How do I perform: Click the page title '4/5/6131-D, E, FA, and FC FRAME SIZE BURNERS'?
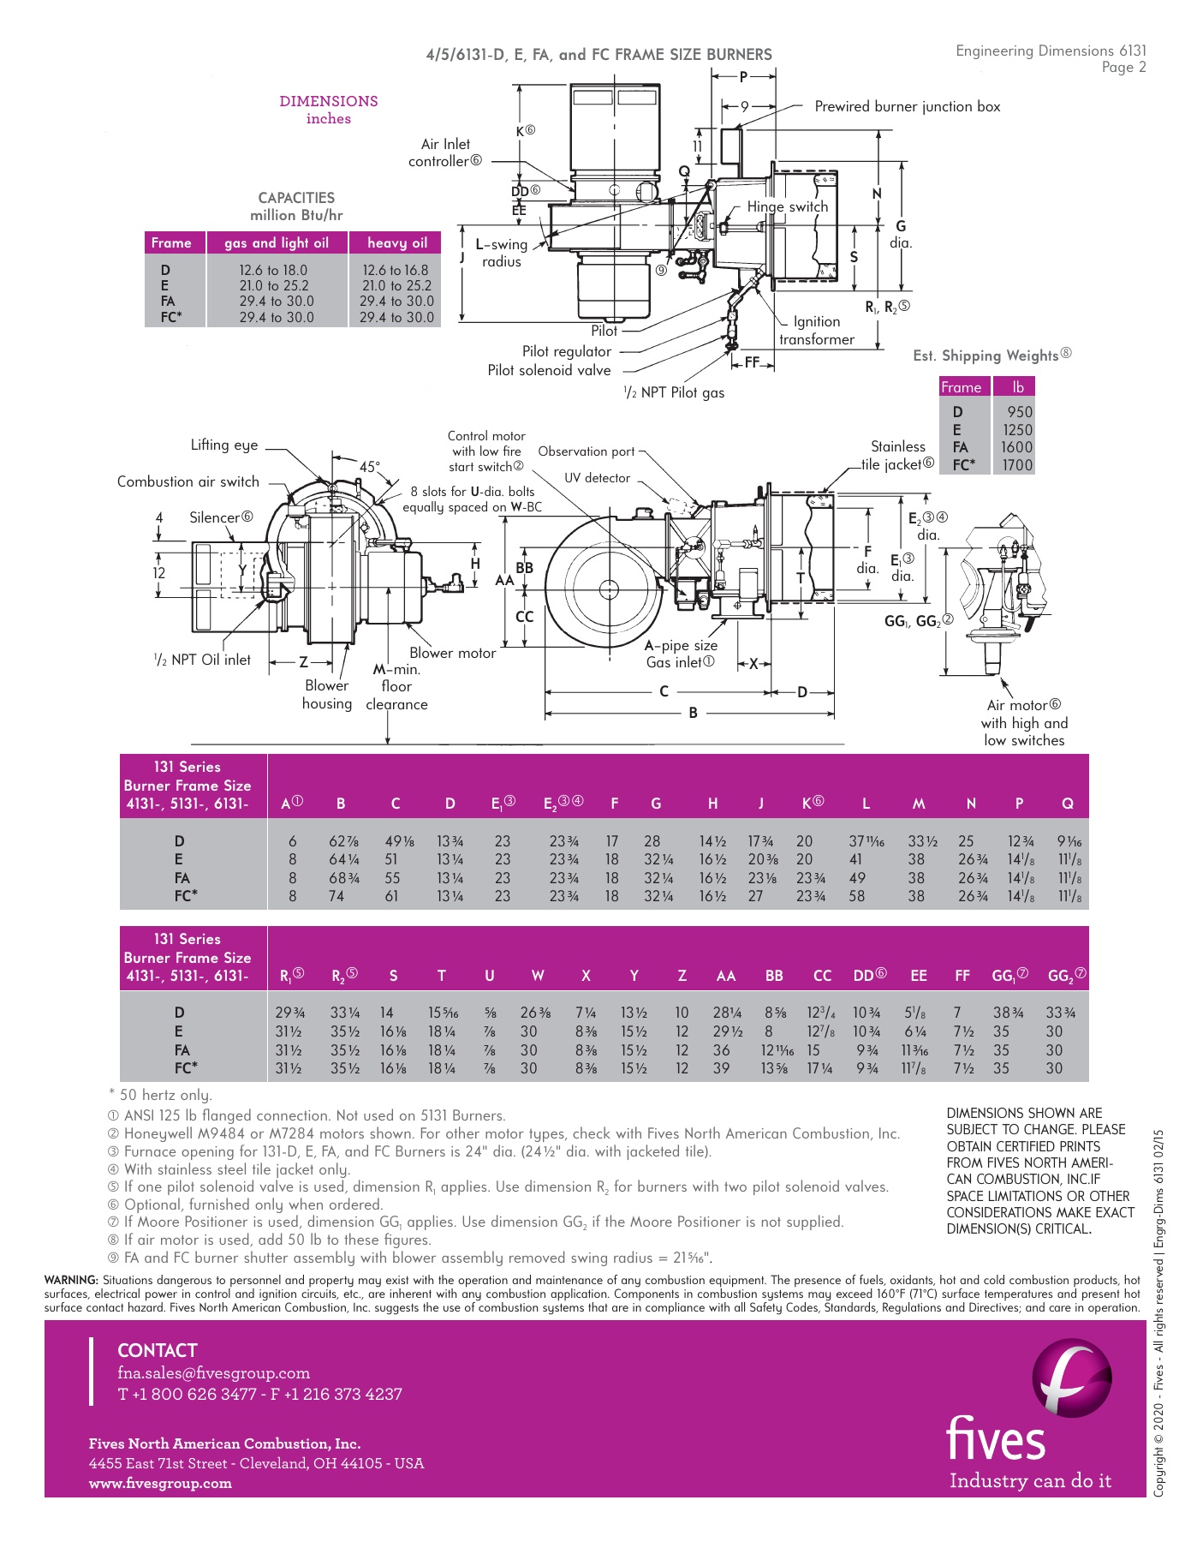tap(598, 55)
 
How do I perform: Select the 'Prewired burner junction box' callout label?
tap(907, 106)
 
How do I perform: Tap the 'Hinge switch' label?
tap(787, 206)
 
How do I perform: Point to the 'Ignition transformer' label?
tap(816, 331)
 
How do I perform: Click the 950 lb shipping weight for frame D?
tap(1019, 412)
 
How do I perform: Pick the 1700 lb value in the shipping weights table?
tap(1017, 465)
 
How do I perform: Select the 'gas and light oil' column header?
tap(276, 242)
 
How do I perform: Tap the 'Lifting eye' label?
tap(223, 445)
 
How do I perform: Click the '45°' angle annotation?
tap(370, 467)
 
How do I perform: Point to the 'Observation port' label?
tap(587, 451)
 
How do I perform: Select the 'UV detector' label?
tap(597, 478)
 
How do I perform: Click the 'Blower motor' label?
tap(452, 653)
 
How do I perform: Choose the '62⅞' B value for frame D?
tap(343, 841)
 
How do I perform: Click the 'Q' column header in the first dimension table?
tap(1067, 804)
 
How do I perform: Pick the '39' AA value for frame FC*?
tap(722, 1068)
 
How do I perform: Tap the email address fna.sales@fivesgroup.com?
tap(213, 1373)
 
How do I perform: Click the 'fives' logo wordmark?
tap(996, 1438)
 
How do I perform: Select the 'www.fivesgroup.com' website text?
tap(160, 1484)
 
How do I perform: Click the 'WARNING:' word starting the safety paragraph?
tap(71, 1280)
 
